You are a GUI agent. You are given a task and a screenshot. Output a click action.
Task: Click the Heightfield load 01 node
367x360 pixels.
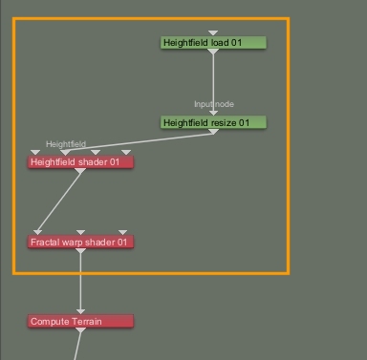(x=213, y=42)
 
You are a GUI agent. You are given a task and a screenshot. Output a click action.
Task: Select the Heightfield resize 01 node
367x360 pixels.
(x=213, y=122)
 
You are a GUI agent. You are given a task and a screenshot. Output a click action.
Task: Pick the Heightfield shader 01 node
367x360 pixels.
(x=80, y=162)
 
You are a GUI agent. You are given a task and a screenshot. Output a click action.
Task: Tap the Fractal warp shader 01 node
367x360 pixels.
(x=80, y=242)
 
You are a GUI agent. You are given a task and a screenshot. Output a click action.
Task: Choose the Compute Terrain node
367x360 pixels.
(x=80, y=321)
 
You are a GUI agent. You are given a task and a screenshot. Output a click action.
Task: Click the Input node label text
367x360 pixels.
(x=214, y=104)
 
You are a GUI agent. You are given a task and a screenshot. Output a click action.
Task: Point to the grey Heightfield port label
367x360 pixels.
(x=66, y=144)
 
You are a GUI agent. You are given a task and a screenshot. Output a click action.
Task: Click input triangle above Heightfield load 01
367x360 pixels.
(x=213, y=33)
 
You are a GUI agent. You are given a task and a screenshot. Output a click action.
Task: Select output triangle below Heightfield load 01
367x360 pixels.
(x=213, y=52)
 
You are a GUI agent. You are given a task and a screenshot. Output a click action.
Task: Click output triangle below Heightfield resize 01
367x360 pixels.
(x=213, y=132)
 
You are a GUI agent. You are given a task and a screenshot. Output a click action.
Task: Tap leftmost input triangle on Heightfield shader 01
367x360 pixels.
(x=35, y=153)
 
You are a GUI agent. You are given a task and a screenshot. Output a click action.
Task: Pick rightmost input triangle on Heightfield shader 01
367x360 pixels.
(x=126, y=153)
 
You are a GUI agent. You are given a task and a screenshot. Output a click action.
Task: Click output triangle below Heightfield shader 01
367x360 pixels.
(x=80, y=171)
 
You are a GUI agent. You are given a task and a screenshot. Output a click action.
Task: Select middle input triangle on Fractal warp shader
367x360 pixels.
(x=80, y=232)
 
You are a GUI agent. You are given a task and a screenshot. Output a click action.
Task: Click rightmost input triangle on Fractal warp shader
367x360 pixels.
(x=122, y=232)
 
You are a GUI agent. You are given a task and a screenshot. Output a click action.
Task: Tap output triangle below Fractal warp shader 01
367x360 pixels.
(x=80, y=251)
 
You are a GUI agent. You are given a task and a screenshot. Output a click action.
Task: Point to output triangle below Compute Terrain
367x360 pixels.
(x=80, y=330)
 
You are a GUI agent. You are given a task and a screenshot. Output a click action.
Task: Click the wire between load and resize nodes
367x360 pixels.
(x=213, y=83)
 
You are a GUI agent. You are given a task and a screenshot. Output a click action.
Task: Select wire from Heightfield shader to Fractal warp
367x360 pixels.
(x=59, y=201)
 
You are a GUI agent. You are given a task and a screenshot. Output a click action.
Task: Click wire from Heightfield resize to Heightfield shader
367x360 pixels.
(x=140, y=141)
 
